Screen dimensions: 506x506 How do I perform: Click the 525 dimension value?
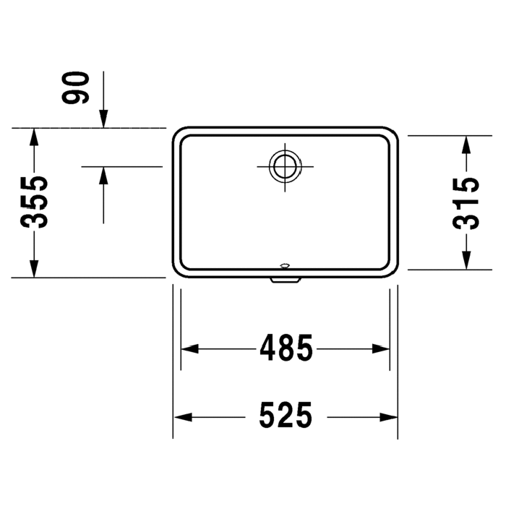point(286,415)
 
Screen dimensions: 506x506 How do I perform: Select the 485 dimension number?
point(286,348)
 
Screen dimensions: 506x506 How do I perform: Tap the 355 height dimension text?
point(34,202)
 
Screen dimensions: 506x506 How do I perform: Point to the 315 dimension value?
point(466,204)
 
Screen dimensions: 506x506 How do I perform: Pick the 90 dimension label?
point(75,87)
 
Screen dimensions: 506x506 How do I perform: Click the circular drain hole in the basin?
point(285,166)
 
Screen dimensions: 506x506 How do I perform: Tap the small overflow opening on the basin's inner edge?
point(285,266)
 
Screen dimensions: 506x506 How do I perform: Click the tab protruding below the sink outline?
point(286,280)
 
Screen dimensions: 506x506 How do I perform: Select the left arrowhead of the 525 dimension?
point(183,417)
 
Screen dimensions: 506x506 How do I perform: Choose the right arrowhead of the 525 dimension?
point(388,417)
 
